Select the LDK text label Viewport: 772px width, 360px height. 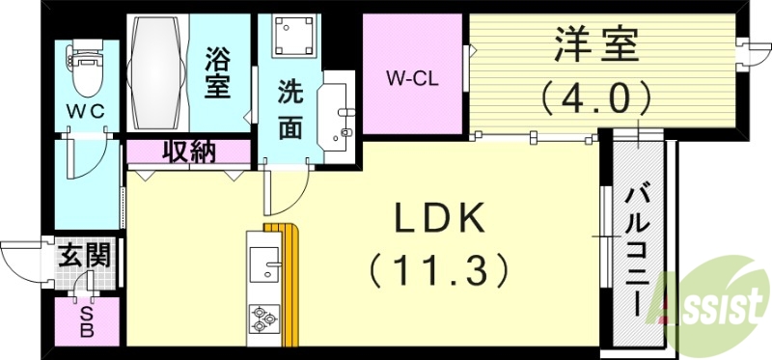click(439, 221)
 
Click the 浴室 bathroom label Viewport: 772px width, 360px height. click(217, 71)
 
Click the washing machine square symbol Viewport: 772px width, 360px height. click(289, 38)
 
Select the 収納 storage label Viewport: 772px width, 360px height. click(188, 152)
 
